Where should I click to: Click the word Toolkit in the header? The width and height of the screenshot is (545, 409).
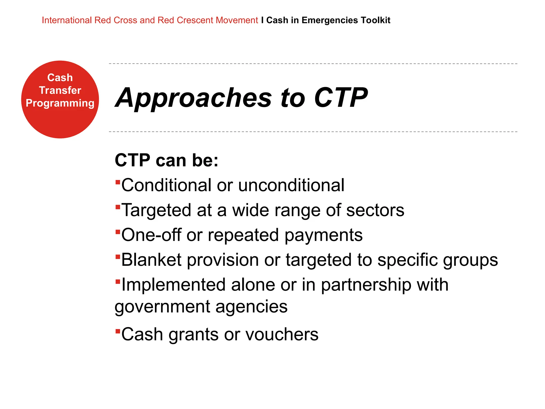point(375,20)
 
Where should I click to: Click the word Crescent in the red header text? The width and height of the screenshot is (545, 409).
point(195,20)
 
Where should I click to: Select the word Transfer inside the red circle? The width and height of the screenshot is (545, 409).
point(60,90)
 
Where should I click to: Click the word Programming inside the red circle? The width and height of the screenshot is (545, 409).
point(60,103)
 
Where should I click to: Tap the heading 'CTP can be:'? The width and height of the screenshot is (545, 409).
point(167,160)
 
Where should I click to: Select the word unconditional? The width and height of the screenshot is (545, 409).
point(291,185)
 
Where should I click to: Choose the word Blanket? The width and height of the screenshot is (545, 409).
point(151,260)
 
